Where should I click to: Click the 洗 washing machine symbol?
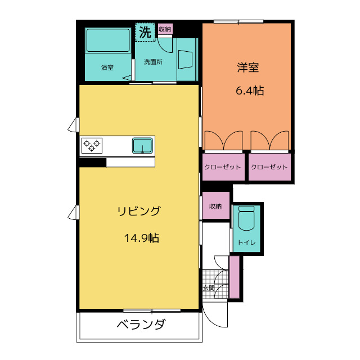tap(145, 33)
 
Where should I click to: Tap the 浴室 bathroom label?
tap(107, 67)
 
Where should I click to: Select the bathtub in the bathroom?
tap(107, 40)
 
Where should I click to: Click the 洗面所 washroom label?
tap(152, 62)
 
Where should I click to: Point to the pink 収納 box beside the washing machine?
tap(165, 29)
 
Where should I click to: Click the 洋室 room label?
tap(247, 68)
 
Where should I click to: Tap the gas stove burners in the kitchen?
tap(92, 145)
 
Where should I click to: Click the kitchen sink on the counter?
tap(143, 145)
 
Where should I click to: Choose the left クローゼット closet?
tap(223, 168)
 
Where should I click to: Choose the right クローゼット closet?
tap(269, 168)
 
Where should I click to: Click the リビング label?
tap(138, 211)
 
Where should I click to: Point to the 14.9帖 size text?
tap(141, 238)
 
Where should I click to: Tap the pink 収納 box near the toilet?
tap(215, 206)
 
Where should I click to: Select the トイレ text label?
tap(246, 242)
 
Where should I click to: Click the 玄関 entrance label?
tap(208, 288)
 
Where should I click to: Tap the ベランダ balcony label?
tap(141, 325)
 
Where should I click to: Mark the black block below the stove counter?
tap(92, 163)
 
